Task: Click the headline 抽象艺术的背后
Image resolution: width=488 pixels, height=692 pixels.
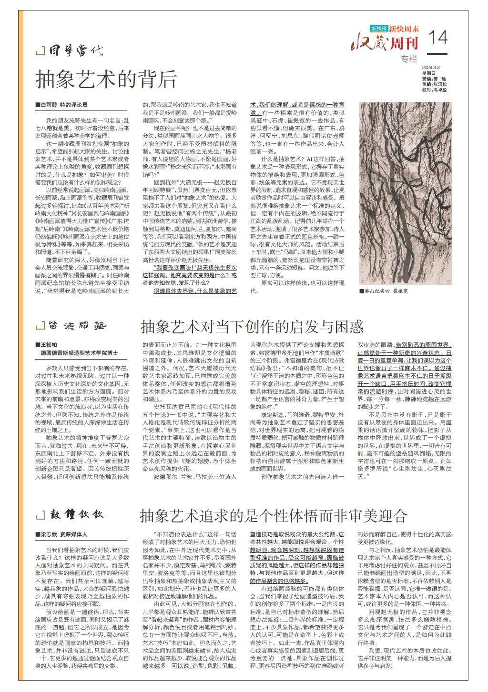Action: point(106,79)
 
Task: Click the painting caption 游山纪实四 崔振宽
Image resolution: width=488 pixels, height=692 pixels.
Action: point(386,291)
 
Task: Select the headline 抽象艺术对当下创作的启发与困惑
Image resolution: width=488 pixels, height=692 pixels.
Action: point(252,327)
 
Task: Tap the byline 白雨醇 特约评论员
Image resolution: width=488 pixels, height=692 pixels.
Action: point(61,104)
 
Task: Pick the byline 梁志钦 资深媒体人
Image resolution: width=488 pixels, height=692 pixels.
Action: point(62,535)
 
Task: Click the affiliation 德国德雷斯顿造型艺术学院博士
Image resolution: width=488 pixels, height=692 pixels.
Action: point(80,353)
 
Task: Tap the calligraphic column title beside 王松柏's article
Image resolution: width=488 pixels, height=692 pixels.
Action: point(77,326)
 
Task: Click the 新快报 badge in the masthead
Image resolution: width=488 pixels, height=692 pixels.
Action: point(379,29)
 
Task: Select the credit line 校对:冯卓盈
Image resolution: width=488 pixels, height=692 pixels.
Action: point(434,90)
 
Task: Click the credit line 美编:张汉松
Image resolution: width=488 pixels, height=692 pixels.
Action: point(434,84)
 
